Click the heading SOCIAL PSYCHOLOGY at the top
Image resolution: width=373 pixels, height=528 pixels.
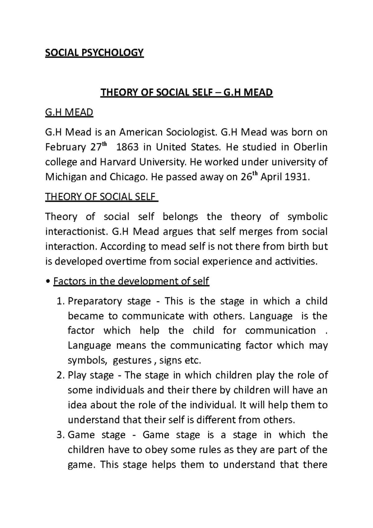[x=94, y=53]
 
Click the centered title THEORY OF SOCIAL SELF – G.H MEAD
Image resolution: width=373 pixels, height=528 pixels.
[x=186, y=92]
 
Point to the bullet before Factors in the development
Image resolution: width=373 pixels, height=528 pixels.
[x=48, y=282]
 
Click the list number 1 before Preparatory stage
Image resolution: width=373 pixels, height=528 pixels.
[x=61, y=301]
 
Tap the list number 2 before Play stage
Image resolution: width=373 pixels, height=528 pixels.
[x=61, y=375]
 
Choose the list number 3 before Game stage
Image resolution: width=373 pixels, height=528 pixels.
[x=61, y=435]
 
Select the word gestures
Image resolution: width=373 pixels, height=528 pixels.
[x=132, y=361]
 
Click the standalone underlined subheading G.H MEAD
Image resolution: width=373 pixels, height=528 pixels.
[x=69, y=112]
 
